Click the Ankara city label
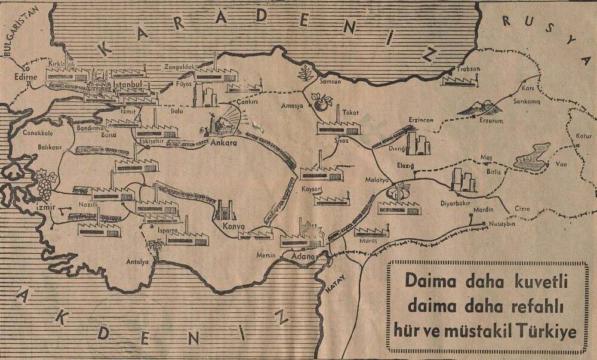224,143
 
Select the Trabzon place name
468,69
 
